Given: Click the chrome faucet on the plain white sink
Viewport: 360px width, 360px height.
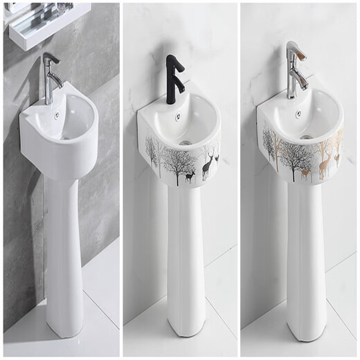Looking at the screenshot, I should tap(49, 80).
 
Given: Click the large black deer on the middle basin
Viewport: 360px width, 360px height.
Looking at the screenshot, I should tap(206, 165).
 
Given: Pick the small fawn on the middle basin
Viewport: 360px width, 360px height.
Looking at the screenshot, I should tap(189, 177).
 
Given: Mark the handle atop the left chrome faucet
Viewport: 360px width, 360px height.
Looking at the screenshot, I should tap(48, 57).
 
